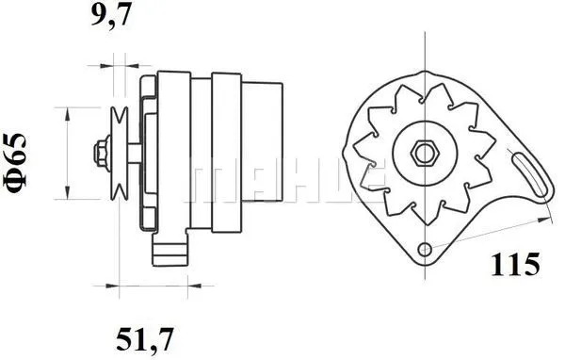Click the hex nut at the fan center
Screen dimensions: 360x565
(x=424, y=152)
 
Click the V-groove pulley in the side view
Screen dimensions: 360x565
(x=118, y=153)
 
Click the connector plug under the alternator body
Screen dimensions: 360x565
(x=172, y=250)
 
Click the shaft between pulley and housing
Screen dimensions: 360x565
(x=136, y=153)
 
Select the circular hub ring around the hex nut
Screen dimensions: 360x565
(x=424, y=135)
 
